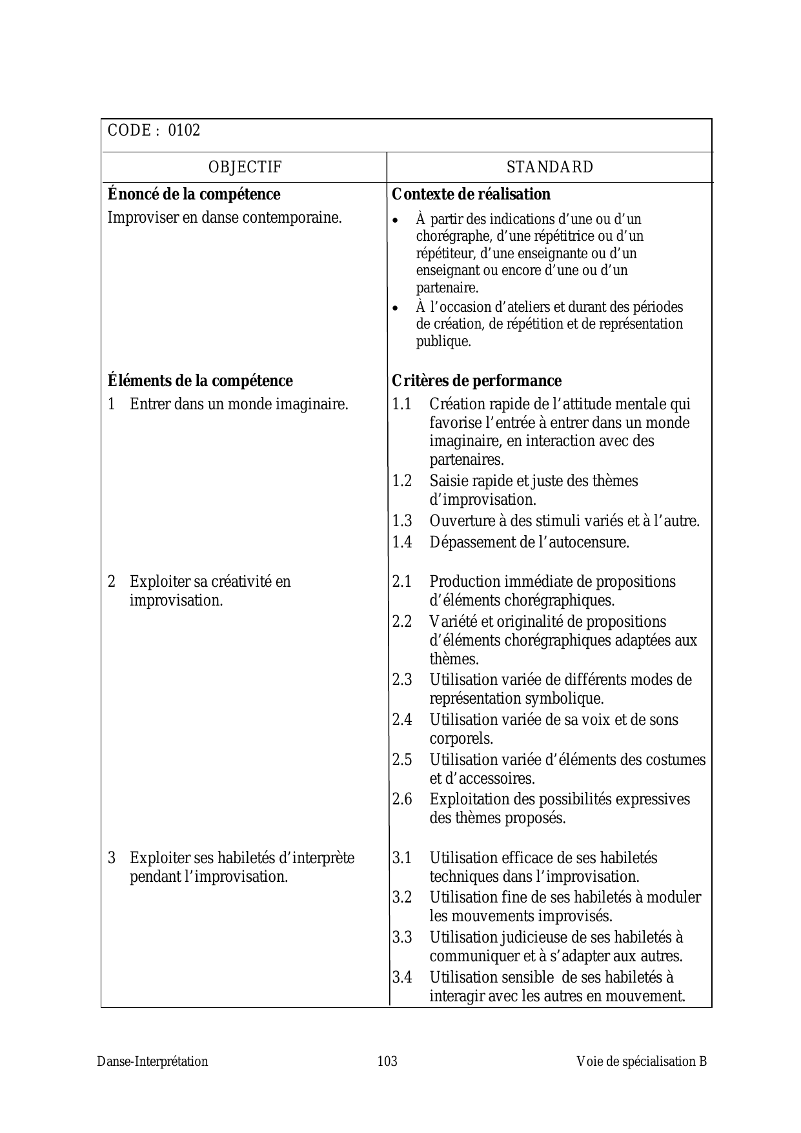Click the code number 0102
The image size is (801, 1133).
pyautogui.click(x=184, y=130)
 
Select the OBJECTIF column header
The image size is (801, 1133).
pyautogui.click(x=245, y=167)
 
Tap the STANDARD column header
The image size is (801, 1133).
pyautogui.click(x=549, y=167)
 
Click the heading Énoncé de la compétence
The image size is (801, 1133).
pyautogui.click(x=194, y=194)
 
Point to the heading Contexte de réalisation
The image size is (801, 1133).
pyautogui.click(x=471, y=194)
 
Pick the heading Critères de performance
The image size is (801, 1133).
pyautogui.click(x=476, y=381)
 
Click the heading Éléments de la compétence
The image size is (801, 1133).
pyautogui.click(x=200, y=381)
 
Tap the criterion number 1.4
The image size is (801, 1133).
pyautogui.click(x=401, y=542)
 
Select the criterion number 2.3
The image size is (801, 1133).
pyautogui.click(x=401, y=680)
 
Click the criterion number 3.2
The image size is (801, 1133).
pyautogui.click(x=401, y=897)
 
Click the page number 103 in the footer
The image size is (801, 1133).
pyautogui.click(x=387, y=1061)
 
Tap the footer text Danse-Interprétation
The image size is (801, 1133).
pyautogui.click(x=153, y=1061)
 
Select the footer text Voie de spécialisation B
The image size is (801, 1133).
pyautogui.click(x=642, y=1061)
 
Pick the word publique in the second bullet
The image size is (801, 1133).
pyautogui.click(x=443, y=342)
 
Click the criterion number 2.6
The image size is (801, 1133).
pyautogui.click(x=401, y=799)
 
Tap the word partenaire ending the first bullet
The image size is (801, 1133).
pyautogui.click(x=447, y=288)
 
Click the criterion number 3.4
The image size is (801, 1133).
pyautogui.click(x=401, y=977)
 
